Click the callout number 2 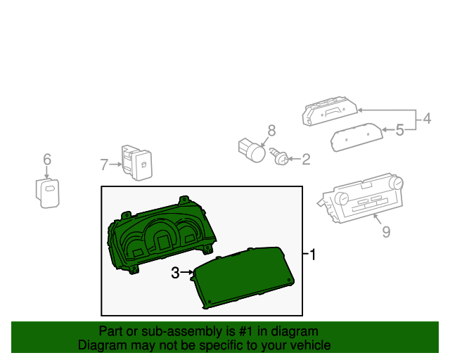pos(306,160)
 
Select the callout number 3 pos(175,273)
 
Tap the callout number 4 pos(426,120)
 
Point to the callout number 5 pos(399,129)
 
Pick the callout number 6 pos(47,160)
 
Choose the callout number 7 pos(103,165)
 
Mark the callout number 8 pos(271,130)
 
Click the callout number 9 pos(386,231)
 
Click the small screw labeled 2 pos(281,158)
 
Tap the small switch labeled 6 pos(47,191)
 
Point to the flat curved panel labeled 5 pos(357,137)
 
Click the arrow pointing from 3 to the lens pos(188,273)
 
